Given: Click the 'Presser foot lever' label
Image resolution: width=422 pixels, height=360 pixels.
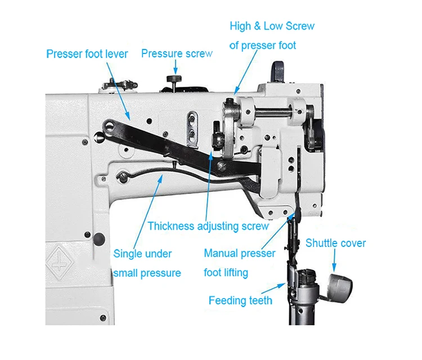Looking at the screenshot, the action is pyautogui.click(x=87, y=55).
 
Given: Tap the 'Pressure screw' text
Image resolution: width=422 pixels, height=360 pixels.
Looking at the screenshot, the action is pyautogui.click(x=177, y=54).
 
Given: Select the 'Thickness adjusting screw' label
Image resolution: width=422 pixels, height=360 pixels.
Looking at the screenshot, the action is pyautogui.click(x=208, y=226).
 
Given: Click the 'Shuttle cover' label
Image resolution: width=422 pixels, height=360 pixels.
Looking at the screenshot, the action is pyautogui.click(x=335, y=244).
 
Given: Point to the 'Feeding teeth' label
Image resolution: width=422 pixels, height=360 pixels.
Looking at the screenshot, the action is pyautogui.click(x=240, y=300).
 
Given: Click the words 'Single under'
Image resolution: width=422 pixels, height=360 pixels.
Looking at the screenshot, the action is pyautogui.click(x=143, y=254).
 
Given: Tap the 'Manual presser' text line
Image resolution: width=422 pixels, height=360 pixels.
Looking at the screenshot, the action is pyautogui.click(x=240, y=254).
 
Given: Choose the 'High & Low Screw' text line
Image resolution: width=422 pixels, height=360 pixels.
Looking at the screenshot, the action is pyautogui.click(x=272, y=26).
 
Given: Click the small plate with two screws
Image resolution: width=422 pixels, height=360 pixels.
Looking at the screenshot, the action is pyautogui.click(x=192, y=124).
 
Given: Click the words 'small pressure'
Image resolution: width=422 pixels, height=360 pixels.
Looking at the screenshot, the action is pyautogui.click(x=147, y=273).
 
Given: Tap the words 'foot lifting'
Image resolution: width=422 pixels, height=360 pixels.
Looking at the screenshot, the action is pyautogui.click(x=226, y=273).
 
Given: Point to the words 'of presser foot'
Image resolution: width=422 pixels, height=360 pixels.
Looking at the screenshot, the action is pyautogui.click(x=262, y=45).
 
